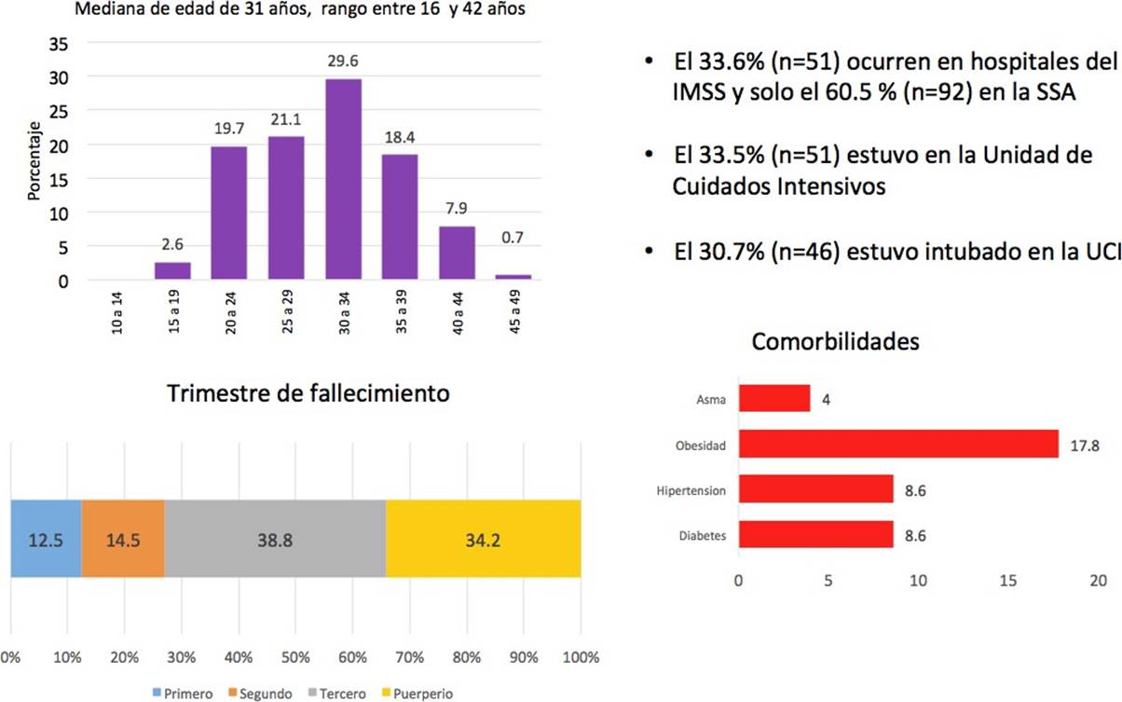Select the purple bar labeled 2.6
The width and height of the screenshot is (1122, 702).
pos(171,270)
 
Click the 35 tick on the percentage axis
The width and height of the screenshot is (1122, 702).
pos(58,43)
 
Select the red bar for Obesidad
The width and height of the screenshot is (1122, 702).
pos(898,444)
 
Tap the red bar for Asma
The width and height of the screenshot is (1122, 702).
pos(774,399)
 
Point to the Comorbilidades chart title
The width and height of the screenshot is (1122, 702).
pos(836,342)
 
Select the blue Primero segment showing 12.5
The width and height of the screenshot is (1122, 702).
pos(46,538)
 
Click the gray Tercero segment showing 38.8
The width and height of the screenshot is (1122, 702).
pos(275,538)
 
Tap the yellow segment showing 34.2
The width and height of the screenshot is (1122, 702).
pos(483,538)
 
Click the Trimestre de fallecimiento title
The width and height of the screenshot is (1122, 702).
pos(308,393)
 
